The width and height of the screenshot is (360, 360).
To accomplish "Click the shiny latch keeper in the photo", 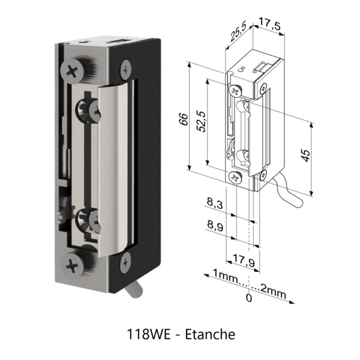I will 114,168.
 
